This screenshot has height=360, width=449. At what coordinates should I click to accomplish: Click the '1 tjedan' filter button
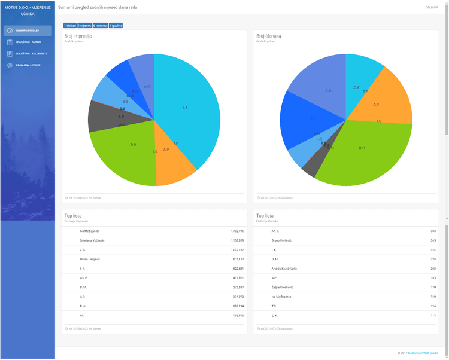point(69,26)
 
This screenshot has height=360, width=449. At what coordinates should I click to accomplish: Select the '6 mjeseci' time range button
point(100,26)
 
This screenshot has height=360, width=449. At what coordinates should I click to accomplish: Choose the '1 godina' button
point(116,26)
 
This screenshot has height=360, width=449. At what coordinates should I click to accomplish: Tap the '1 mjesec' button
point(84,26)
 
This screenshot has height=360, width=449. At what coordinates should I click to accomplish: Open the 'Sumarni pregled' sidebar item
point(28,30)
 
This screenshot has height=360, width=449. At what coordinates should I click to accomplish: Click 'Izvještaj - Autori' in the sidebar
point(28,42)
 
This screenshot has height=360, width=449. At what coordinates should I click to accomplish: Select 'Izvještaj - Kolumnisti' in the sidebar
point(28,53)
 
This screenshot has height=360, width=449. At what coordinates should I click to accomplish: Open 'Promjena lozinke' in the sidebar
point(28,65)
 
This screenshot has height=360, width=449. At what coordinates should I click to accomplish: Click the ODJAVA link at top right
point(431,8)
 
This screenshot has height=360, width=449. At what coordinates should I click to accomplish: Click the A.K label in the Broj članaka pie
point(328,91)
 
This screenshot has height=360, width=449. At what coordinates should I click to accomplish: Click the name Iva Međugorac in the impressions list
point(91,230)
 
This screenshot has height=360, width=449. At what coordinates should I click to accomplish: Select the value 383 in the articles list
point(433,230)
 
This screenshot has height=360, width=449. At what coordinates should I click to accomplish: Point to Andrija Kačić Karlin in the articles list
point(284,269)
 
